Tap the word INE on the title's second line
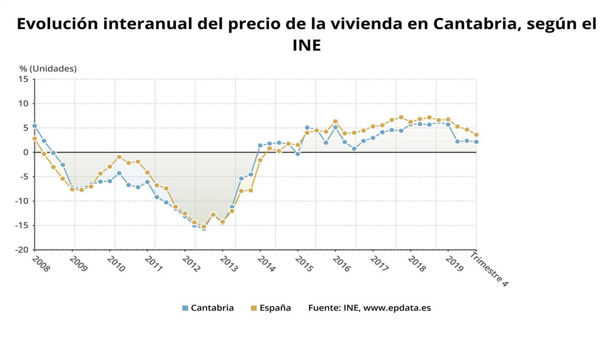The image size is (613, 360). tap(306, 45)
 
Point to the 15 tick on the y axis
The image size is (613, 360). tap(24, 79)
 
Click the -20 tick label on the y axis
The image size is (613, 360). tap(21, 250)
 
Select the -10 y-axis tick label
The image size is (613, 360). tap(21, 201)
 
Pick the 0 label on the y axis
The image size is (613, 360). tap(26, 152)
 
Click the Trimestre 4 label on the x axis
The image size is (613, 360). tap(489, 269)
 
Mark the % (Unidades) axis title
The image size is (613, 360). tap(48, 68)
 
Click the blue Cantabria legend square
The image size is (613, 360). tap(185, 308)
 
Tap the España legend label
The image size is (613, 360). tap(275, 308)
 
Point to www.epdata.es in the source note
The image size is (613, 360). tap(397, 308)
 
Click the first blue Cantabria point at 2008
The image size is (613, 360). tap(35, 126)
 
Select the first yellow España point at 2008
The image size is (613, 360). tap(35, 138)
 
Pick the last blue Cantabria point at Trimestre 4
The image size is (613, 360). tap(476, 142)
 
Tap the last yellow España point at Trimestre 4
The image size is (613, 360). tap(476, 135)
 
